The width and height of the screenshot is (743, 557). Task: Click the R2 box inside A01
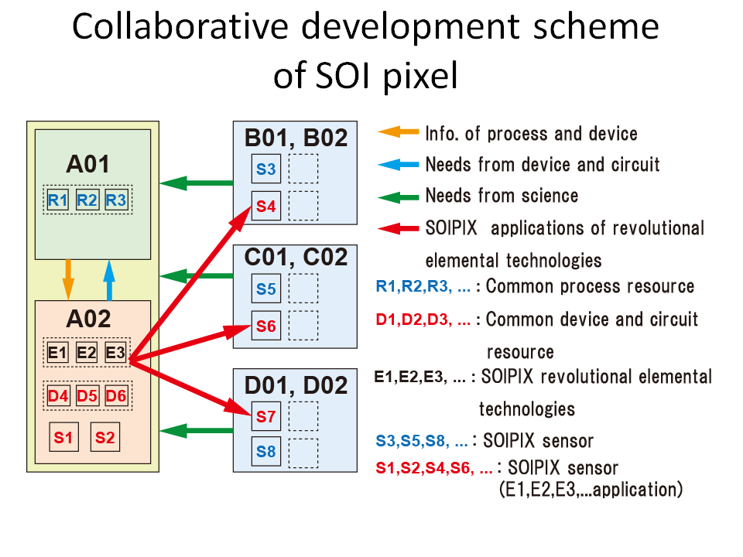(x=87, y=200)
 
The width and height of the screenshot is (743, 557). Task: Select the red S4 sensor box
(x=265, y=206)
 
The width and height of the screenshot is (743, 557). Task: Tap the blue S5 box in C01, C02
(x=265, y=289)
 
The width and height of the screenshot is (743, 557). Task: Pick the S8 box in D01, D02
(x=265, y=451)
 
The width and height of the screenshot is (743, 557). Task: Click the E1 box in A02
(x=58, y=353)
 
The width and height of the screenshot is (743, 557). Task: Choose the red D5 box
(x=87, y=395)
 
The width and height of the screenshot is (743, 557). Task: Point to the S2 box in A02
(x=104, y=437)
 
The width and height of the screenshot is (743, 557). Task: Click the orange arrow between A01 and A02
(x=68, y=279)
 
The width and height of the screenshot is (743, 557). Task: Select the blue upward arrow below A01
(x=109, y=280)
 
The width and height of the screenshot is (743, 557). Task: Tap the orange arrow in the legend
(x=398, y=132)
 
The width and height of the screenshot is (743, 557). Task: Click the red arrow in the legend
(x=398, y=229)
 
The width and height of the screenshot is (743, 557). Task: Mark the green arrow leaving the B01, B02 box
(x=196, y=183)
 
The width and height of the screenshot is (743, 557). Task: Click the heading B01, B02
(x=296, y=138)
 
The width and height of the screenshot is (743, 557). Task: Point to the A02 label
(x=88, y=318)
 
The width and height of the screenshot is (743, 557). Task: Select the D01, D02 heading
(x=296, y=385)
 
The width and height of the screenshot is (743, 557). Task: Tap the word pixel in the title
(x=420, y=77)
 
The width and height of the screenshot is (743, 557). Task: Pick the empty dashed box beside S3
(x=303, y=169)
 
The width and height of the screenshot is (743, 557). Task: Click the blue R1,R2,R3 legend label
(x=423, y=286)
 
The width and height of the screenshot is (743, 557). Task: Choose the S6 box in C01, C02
(x=265, y=326)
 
